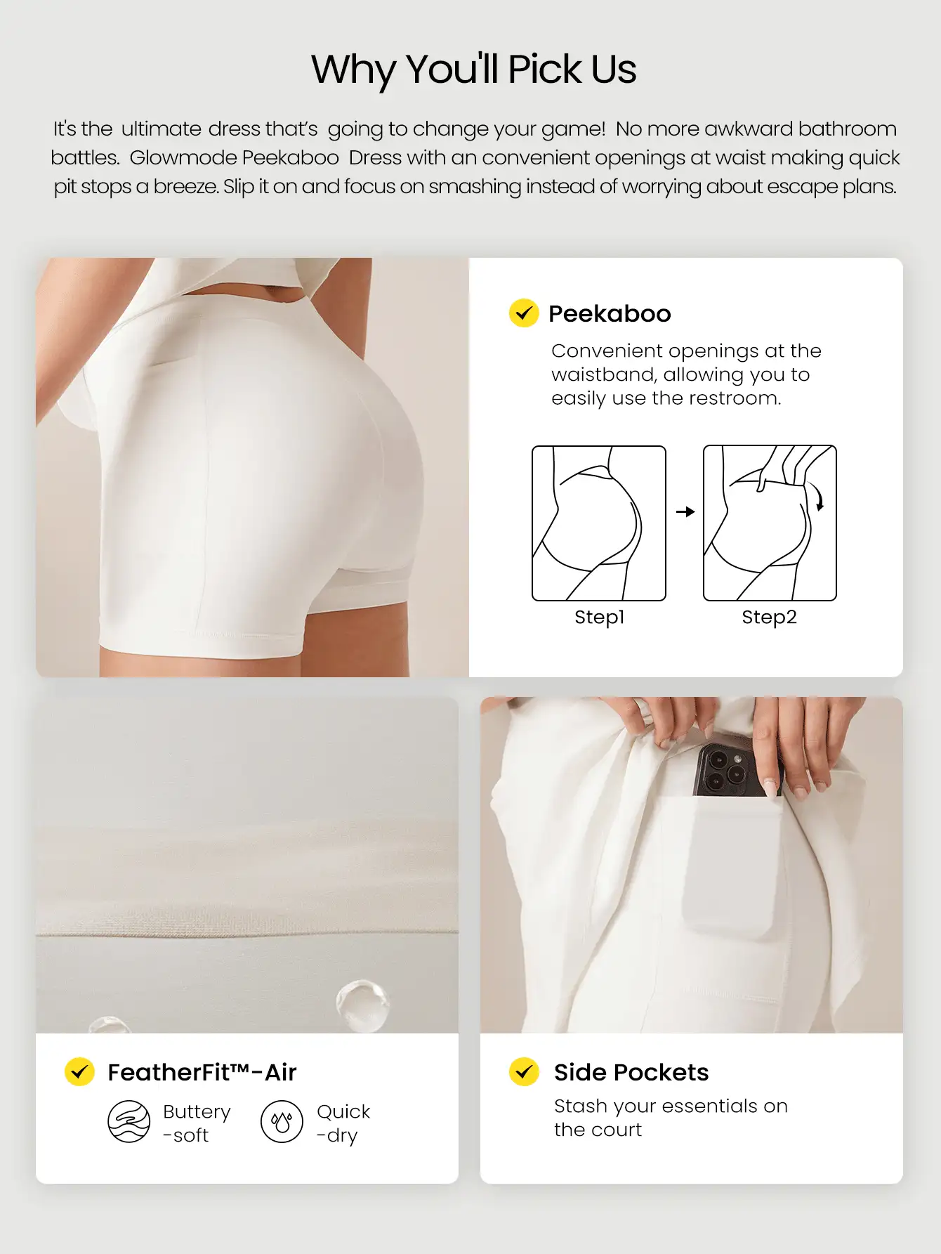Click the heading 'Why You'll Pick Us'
tap(473, 70)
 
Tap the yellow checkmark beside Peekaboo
tap(523, 313)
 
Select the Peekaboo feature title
tap(610, 314)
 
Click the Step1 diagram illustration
tap(599, 523)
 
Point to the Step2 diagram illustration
tap(770, 523)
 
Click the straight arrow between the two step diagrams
tap(685, 512)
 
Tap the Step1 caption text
tap(599, 618)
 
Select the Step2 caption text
tap(769, 618)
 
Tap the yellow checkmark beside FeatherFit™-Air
tap(79, 1072)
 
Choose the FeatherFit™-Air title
tap(202, 1073)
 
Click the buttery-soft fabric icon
tap(129, 1121)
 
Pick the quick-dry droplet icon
tap(282, 1122)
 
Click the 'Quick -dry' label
tap(343, 1123)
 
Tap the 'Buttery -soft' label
tap(196, 1123)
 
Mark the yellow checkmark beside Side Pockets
tap(524, 1072)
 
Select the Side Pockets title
tap(631, 1073)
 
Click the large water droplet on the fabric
tap(362, 1005)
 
